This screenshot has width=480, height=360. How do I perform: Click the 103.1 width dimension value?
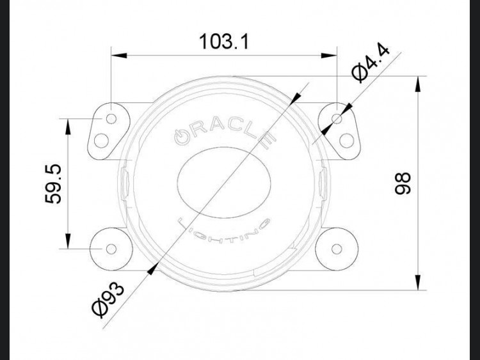[x=224, y=42]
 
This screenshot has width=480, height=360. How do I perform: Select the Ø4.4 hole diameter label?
[x=372, y=62]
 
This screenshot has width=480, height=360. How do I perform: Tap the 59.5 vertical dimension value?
[x=53, y=183]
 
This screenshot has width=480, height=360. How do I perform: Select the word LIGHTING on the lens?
[x=223, y=230]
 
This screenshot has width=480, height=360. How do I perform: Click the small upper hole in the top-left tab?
[x=111, y=119]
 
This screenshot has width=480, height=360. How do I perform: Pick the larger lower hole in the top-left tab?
[x=101, y=139]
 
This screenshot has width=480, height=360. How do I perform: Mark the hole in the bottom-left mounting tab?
[x=110, y=247]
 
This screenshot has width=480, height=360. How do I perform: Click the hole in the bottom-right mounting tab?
[x=337, y=247]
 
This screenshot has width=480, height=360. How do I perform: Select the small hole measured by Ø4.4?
[x=337, y=119]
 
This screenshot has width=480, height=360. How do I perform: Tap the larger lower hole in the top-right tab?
[x=347, y=139]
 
